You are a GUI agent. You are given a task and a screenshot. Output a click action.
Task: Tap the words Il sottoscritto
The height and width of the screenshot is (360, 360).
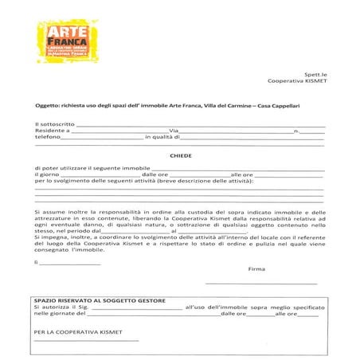click(55, 125)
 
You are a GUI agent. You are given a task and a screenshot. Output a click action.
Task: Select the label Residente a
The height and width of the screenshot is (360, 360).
click(53, 131)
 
